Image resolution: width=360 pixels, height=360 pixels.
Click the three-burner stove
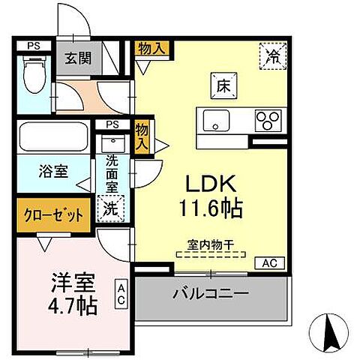266,118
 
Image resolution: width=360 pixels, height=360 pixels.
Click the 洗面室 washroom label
112,173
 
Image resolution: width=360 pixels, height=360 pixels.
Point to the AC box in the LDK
270,262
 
